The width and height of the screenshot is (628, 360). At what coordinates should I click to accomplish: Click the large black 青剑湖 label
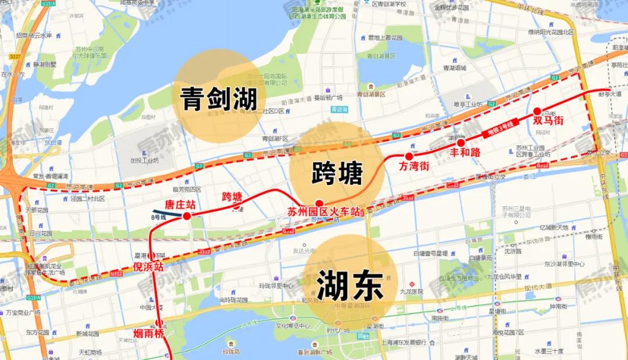pyautogui.click(x=219, y=99)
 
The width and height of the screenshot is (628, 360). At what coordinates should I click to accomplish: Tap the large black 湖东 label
pyautogui.click(x=349, y=286)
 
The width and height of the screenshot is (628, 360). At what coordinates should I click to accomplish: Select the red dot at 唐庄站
pyautogui.click(x=187, y=216)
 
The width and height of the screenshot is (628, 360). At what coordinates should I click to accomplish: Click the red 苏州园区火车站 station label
pyautogui.click(x=324, y=212)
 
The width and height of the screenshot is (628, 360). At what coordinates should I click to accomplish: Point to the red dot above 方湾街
pyautogui.click(x=409, y=156)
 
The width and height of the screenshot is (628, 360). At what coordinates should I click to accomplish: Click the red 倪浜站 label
pyautogui.click(x=148, y=267)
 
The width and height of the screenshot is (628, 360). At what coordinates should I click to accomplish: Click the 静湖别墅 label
pyautogui.click(x=44, y=65)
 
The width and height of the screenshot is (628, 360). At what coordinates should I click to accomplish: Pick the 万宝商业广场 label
pyautogui.click(x=23, y=312)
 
